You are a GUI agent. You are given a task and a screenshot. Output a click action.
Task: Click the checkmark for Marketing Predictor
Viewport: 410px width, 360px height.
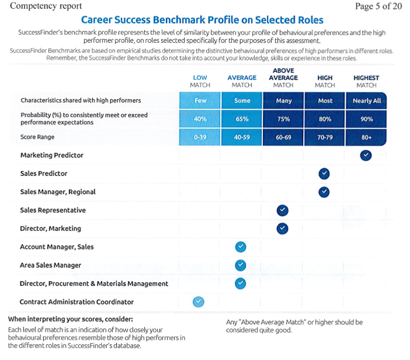coord(366,155)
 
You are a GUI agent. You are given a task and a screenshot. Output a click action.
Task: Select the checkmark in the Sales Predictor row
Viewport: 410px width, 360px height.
coord(324,174)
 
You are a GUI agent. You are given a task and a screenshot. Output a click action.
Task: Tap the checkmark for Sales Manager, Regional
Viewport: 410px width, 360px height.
coord(324,192)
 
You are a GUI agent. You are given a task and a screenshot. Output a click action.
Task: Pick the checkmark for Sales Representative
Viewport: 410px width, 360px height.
coord(283,210)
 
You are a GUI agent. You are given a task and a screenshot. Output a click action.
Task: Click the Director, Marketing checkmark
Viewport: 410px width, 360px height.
coord(283,229)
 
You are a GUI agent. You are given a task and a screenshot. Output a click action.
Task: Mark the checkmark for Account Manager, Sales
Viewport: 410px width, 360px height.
coord(241,247)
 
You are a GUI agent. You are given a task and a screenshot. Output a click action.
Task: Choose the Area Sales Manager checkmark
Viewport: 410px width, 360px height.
coord(241,265)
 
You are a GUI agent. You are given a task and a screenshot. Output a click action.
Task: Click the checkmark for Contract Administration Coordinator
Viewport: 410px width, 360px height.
coord(199,302)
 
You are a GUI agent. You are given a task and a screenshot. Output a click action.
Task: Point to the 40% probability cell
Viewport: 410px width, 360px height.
coord(200,119)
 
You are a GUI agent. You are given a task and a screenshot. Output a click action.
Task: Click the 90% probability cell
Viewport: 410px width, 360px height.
coord(366,119)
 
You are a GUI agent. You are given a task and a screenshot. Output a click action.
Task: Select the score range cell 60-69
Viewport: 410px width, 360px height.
coord(283,137)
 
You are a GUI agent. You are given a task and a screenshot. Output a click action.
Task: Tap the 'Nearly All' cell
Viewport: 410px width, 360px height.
coord(366,101)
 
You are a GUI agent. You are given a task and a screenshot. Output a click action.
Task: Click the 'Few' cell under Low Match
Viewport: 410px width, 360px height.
coord(200,101)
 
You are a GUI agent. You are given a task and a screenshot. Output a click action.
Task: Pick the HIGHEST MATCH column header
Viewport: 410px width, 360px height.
coord(366,81)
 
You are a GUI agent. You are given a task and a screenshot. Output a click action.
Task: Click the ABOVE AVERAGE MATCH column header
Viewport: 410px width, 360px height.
coord(283,78)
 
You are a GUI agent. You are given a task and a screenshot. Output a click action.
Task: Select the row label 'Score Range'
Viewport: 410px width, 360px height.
coord(37,137)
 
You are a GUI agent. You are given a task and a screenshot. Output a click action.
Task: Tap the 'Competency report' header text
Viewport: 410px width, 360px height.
coord(46,6)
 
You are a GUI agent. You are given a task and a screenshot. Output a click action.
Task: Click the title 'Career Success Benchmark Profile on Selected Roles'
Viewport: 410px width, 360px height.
coord(202,20)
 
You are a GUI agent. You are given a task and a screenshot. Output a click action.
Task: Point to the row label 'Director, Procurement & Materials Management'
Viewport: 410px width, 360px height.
coord(94,283)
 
